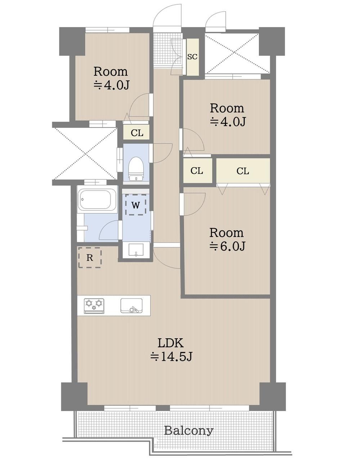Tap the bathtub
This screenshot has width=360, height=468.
97,200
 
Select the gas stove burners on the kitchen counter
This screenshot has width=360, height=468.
94,306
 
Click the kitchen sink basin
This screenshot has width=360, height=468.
131,306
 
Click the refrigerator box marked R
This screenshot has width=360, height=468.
90,258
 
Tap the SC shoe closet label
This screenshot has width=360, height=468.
192,57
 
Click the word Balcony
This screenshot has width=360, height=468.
189,431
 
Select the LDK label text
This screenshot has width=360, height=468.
171,343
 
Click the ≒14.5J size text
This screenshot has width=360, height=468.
171,357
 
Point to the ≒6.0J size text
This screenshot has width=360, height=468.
227,246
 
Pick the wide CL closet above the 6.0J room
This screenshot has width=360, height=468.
243,171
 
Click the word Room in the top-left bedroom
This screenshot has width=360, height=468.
111,71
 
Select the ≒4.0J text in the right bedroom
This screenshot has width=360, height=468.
228,122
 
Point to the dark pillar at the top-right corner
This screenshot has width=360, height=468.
271,41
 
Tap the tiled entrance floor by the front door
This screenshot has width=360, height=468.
168,49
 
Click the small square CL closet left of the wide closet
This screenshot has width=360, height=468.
198,171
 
